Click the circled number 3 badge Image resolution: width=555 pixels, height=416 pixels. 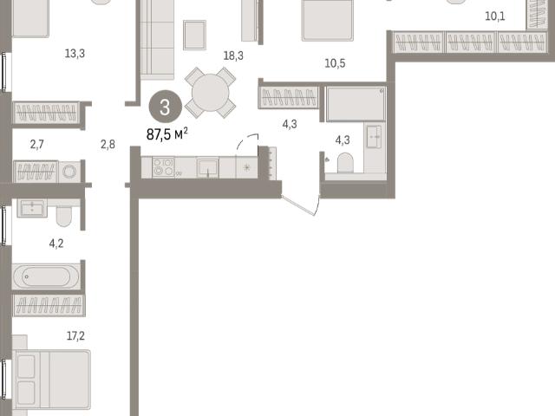point(165,107)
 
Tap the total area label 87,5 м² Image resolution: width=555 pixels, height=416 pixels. point(167,134)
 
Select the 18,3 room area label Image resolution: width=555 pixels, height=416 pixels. point(233,55)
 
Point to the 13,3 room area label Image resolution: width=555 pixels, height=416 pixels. point(75,54)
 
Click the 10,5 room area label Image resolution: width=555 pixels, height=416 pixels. point(335,63)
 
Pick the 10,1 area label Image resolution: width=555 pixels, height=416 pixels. point(495,16)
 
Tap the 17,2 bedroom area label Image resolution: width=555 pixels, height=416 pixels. point(75,335)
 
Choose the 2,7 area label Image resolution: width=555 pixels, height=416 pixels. point(36,145)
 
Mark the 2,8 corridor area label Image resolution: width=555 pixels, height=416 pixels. point(108,145)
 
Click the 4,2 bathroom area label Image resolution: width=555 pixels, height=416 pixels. point(56,244)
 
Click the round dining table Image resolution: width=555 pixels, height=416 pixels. point(210,93)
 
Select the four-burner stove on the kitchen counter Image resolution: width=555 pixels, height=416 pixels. point(163,167)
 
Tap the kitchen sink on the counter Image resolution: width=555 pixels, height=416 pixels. point(207,167)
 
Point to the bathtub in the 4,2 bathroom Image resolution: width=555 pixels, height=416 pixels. point(46,276)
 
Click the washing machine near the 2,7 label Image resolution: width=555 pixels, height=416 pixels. point(69,172)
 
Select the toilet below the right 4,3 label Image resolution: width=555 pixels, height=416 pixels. point(345,163)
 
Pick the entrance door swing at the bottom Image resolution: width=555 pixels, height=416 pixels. point(301,205)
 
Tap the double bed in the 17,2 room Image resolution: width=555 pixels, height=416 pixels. point(51,380)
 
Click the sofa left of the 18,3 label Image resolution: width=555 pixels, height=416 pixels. point(157,40)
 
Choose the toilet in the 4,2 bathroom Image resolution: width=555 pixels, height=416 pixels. point(64,216)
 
